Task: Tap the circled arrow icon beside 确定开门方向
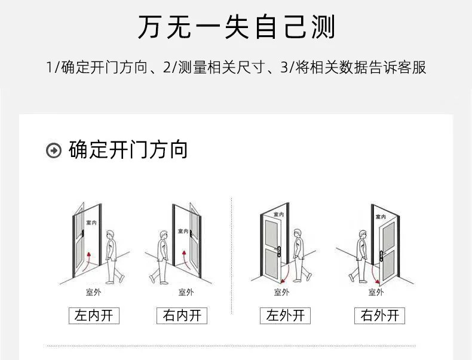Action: coord(54,150)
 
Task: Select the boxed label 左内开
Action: coord(94,315)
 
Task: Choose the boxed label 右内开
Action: coord(182,315)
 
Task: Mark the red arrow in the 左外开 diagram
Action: coord(286,273)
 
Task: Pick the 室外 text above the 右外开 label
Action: coord(376,292)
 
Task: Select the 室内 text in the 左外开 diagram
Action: coord(279,214)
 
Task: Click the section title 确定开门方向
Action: coord(128,150)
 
